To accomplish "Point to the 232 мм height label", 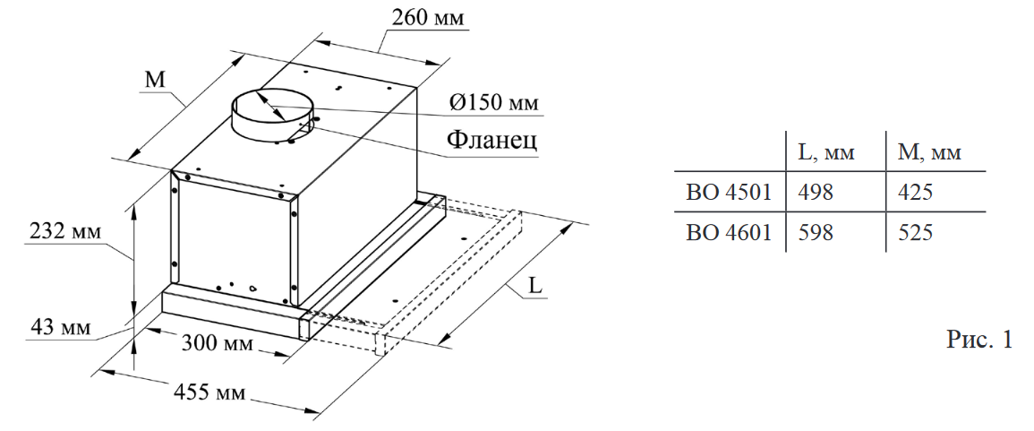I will (x=60, y=230).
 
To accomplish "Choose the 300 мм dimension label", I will (x=217, y=343).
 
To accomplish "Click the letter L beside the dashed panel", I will (x=534, y=286).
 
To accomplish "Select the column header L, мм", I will (x=825, y=152).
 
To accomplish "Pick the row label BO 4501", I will (x=729, y=192).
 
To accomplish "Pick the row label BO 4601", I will (x=729, y=232).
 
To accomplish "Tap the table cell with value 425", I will (x=915, y=192).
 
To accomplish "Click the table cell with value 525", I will (x=915, y=232).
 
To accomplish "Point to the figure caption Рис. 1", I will (x=979, y=340).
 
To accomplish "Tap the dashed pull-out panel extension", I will (x=448, y=269).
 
